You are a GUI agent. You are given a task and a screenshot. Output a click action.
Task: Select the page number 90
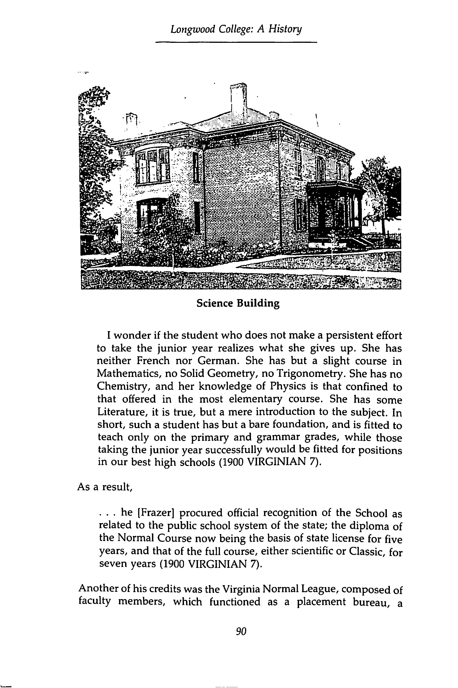pyautogui.click(x=241, y=631)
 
